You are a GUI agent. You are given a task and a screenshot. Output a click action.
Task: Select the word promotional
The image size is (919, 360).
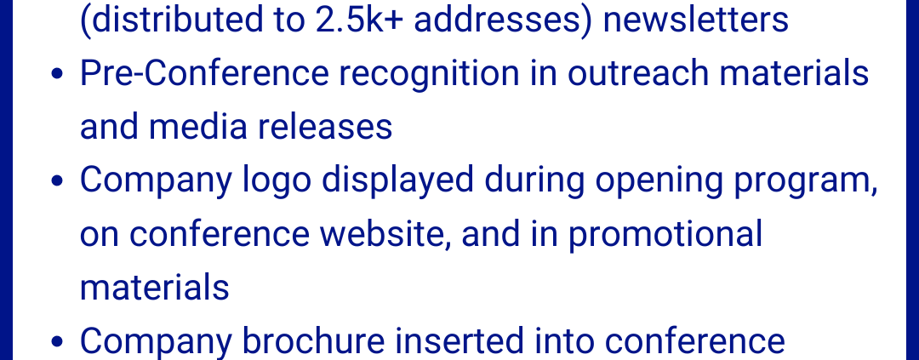[665, 234]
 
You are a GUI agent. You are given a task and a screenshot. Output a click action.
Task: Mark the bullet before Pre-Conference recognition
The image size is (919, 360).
[57, 75]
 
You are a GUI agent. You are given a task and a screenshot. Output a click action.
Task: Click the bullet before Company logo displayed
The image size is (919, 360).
[57, 182]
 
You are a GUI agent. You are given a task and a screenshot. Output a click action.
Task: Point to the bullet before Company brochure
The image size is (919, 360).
[57, 342]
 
